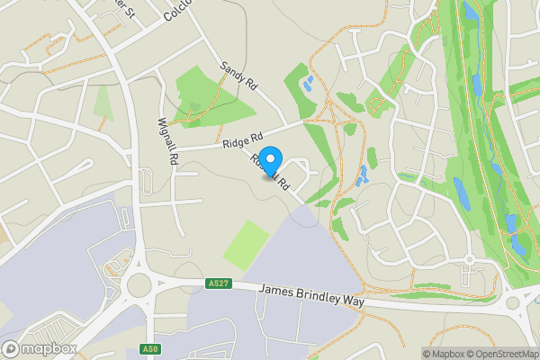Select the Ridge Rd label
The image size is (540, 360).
[243, 139]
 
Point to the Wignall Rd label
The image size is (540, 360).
[166, 141]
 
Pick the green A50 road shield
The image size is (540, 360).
[150, 349]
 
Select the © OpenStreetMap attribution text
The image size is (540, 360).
[500, 354]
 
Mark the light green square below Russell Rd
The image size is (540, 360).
[247, 245]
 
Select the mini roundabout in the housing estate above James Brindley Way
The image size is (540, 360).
[469, 259]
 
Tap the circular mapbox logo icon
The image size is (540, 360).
[10, 348]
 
